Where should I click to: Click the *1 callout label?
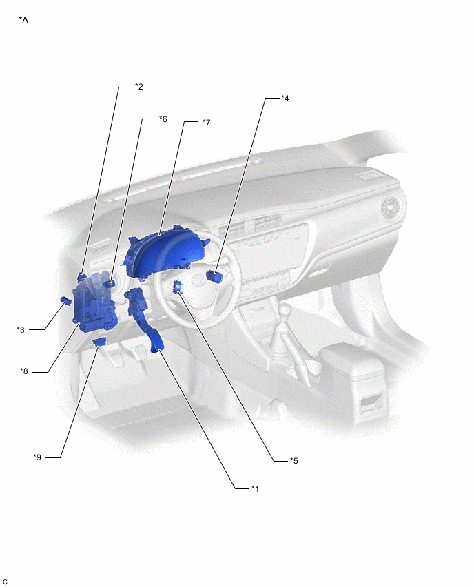point(255,488)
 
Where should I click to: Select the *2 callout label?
point(139,87)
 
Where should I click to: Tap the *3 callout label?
point(21,329)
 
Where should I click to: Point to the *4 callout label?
point(285,99)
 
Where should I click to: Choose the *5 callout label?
point(294,461)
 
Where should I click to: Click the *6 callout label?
point(163,119)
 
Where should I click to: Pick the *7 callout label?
point(206,123)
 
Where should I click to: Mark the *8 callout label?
point(24,371)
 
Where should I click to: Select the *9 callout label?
point(37,457)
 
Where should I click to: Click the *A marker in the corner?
point(23,20)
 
